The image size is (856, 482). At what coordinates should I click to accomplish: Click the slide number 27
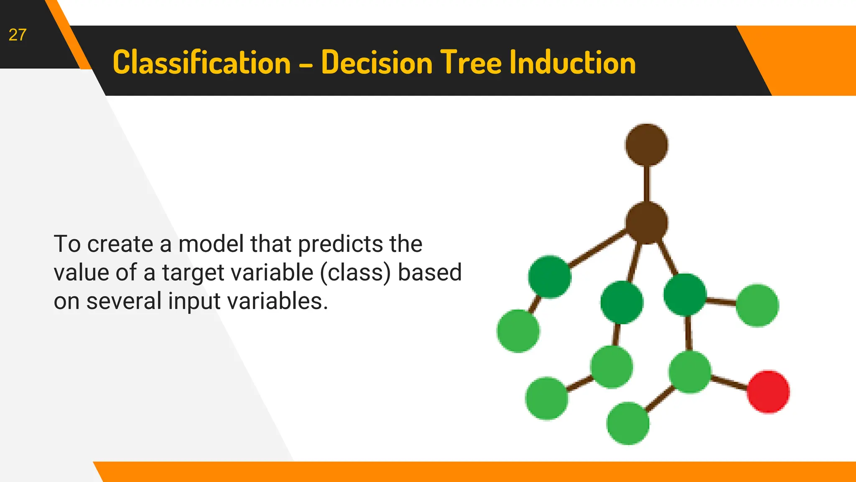coord(18,35)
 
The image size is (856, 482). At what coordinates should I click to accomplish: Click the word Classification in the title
coord(201,63)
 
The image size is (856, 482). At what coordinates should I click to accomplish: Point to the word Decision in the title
coord(376,63)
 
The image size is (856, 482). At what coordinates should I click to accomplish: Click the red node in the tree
coord(768,392)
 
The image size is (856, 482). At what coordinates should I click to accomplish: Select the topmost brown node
coord(647,145)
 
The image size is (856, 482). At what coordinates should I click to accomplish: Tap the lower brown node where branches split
coord(647,223)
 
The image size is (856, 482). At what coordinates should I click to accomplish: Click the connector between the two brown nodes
coord(647,184)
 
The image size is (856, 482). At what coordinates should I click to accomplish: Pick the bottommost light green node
coord(627,423)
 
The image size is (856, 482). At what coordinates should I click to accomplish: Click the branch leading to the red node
coord(729,382)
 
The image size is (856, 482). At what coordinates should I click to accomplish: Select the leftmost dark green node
coord(549,277)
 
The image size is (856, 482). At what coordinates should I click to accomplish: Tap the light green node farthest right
coord(757,305)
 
